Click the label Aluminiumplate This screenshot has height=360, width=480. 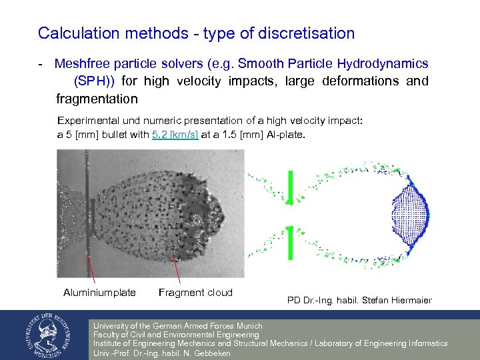[x=99, y=292]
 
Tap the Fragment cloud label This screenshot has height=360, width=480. [x=195, y=292]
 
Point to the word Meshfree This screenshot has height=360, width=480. [x=85, y=65]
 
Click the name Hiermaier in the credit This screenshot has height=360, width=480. [x=409, y=300]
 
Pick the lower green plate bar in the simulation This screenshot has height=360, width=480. [x=290, y=245]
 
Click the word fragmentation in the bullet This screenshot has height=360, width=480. [x=97, y=99]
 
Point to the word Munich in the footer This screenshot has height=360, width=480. [x=247, y=326]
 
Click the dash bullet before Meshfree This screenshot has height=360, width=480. [x=41, y=65]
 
